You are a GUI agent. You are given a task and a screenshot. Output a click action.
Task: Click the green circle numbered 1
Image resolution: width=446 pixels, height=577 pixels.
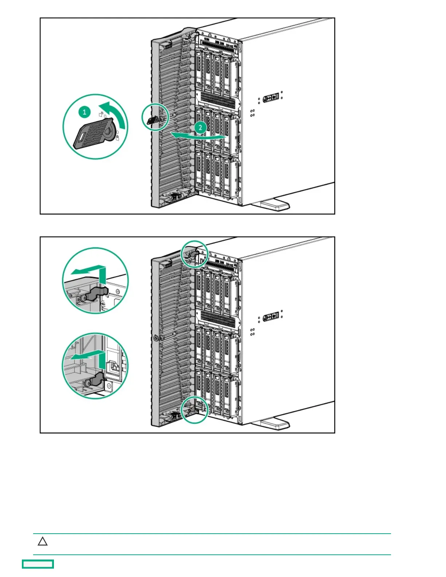(85, 112)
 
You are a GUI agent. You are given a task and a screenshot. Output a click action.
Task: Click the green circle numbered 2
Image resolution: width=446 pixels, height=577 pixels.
(200, 127)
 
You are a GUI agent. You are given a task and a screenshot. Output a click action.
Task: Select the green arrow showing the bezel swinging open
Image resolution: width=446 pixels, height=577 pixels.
(197, 136)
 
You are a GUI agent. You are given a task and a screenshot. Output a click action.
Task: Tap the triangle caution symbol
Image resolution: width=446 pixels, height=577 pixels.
(43, 542)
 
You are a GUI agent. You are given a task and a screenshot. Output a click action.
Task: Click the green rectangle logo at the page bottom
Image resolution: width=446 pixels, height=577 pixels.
(38, 564)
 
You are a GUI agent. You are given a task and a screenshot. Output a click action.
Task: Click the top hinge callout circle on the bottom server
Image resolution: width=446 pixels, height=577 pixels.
(195, 254)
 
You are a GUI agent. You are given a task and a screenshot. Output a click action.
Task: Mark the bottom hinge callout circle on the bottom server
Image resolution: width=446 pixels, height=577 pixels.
(195, 410)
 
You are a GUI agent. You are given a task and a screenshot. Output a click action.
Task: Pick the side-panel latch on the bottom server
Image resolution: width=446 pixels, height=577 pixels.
(271, 317)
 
